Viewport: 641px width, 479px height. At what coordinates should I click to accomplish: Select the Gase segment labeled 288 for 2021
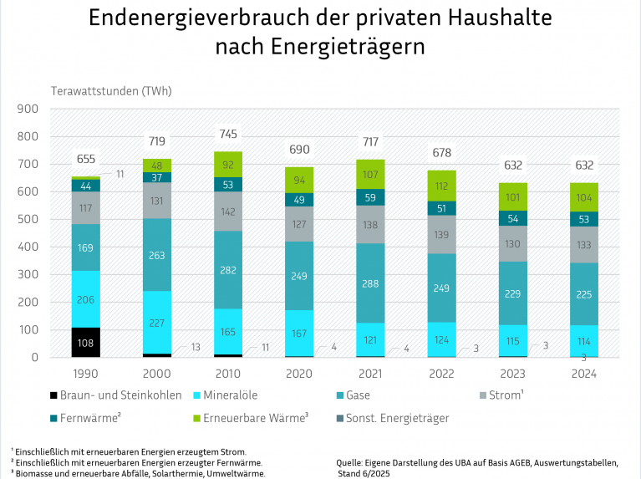pyautogui.click(x=370, y=283)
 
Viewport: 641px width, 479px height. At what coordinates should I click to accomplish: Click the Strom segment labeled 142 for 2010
pyautogui.click(x=228, y=211)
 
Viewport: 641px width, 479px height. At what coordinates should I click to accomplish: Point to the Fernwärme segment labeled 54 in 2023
pyautogui.click(x=513, y=218)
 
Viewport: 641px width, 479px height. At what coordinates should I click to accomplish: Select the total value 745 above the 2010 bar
pyautogui.click(x=228, y=134)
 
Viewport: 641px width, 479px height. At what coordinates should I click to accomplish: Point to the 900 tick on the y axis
pyautogui.click(x=28, y=109)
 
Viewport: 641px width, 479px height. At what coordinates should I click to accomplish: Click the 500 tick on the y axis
pyautogui.click(x=28, y=220)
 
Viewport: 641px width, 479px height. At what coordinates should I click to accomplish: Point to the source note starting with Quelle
pyautogui.click(x=476, y=461)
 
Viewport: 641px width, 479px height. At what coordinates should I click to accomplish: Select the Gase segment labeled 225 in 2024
pyautogui.click(x=584, y=293)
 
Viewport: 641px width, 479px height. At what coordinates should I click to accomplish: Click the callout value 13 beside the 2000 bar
pyautogui.click(x=196, y=347)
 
